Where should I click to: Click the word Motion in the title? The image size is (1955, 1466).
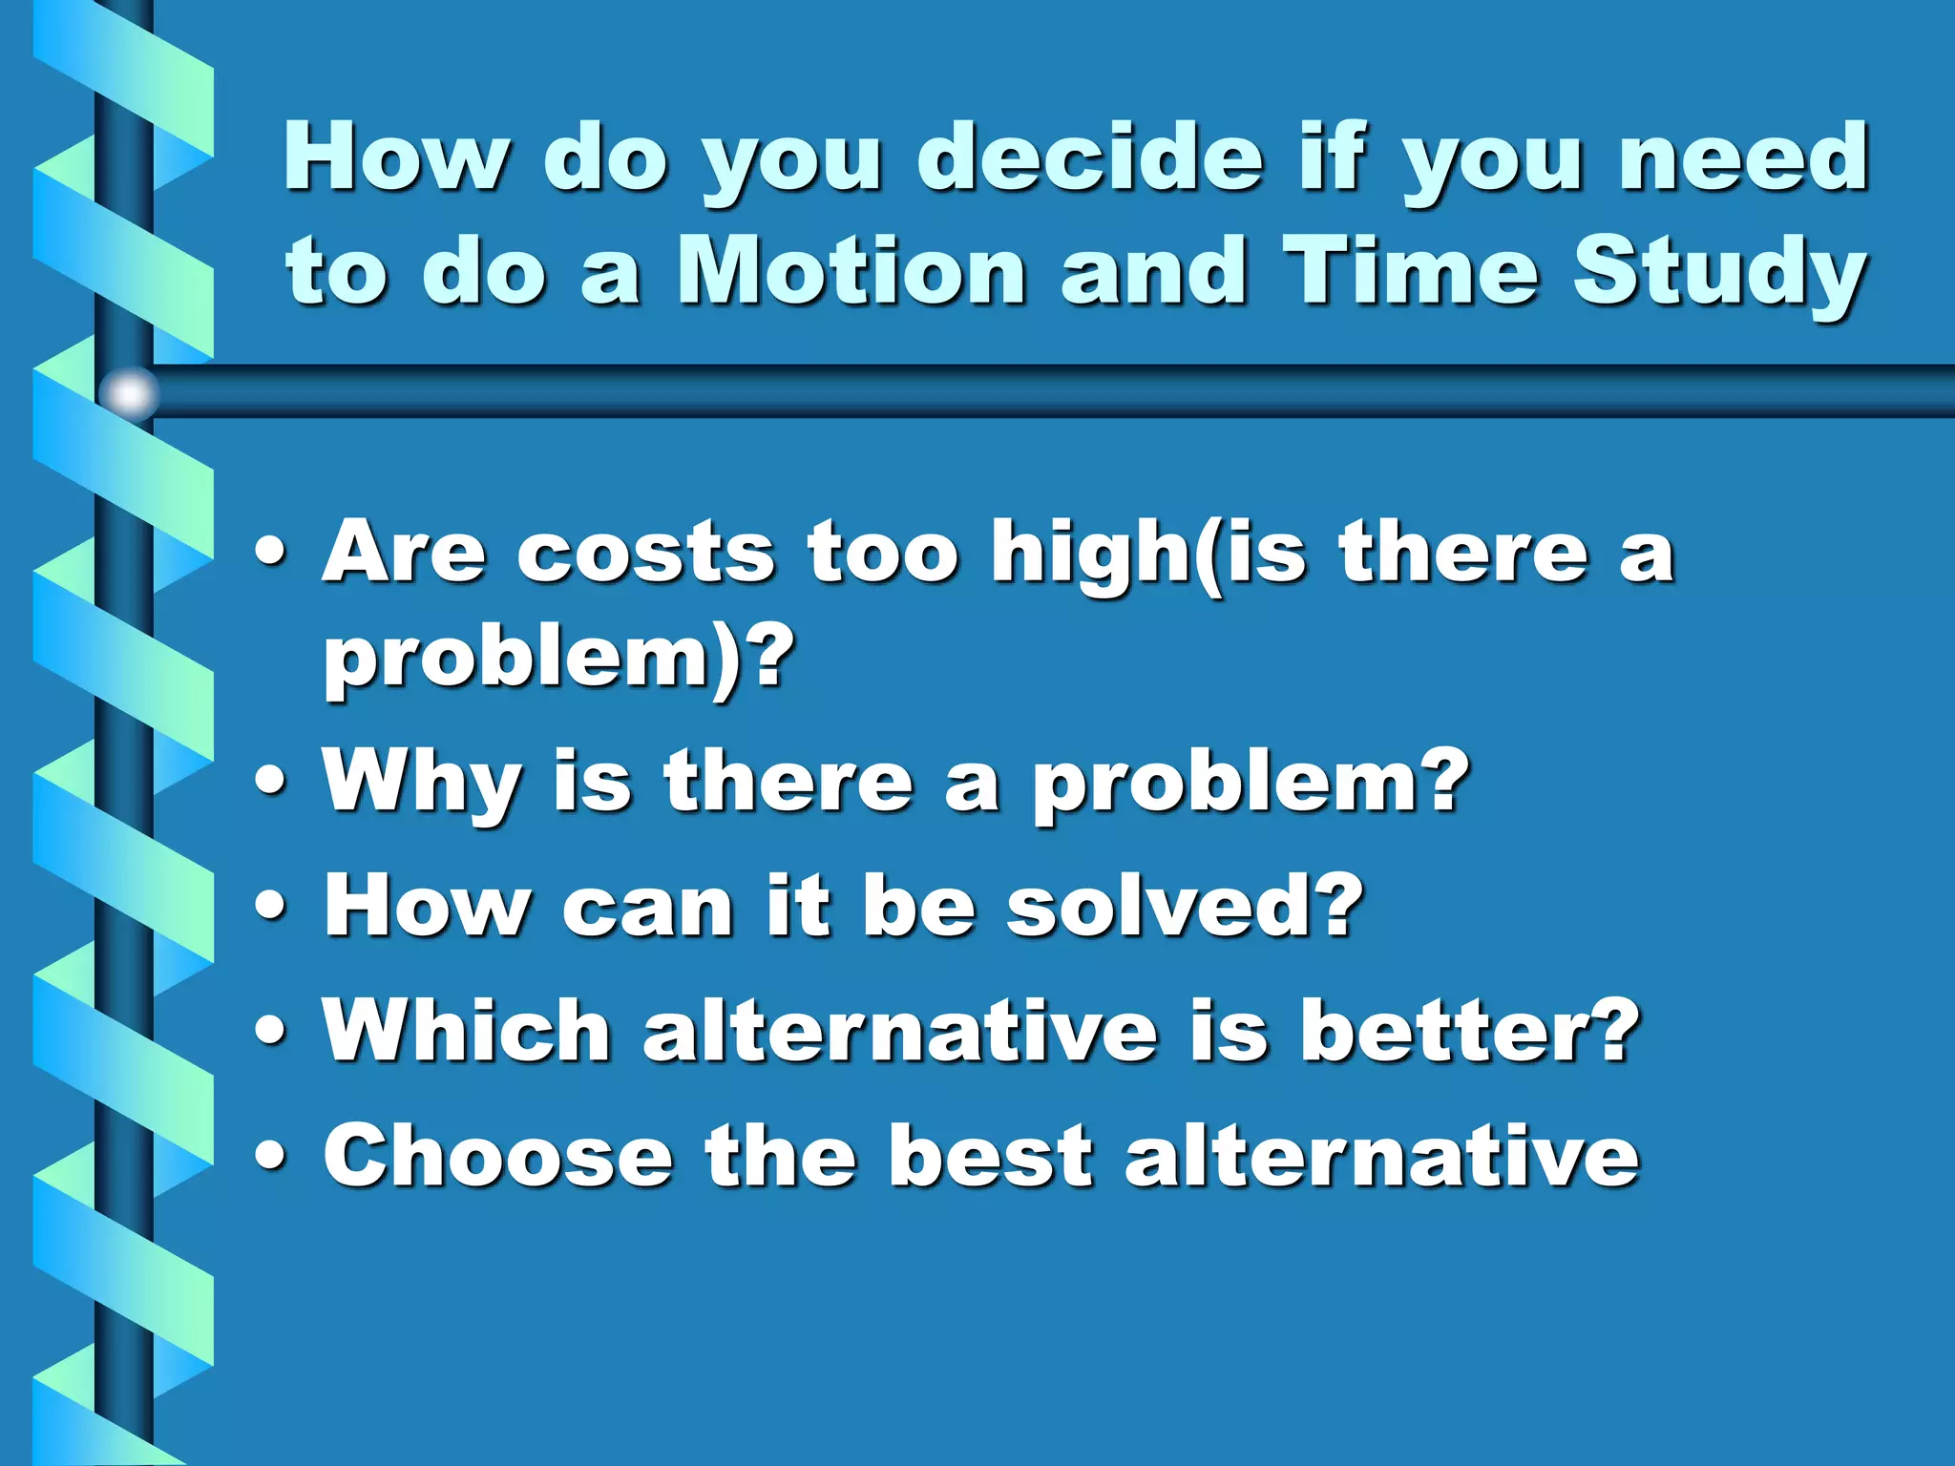coord(851,272)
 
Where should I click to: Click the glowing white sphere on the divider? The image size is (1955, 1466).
coord(129,393)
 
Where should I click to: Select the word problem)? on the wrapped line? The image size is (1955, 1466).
coord(558,659)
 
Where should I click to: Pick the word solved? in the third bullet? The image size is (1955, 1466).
coord(1184,905)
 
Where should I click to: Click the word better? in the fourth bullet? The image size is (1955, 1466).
coord(1470,1030)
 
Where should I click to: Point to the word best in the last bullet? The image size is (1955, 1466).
coord(989,1156)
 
